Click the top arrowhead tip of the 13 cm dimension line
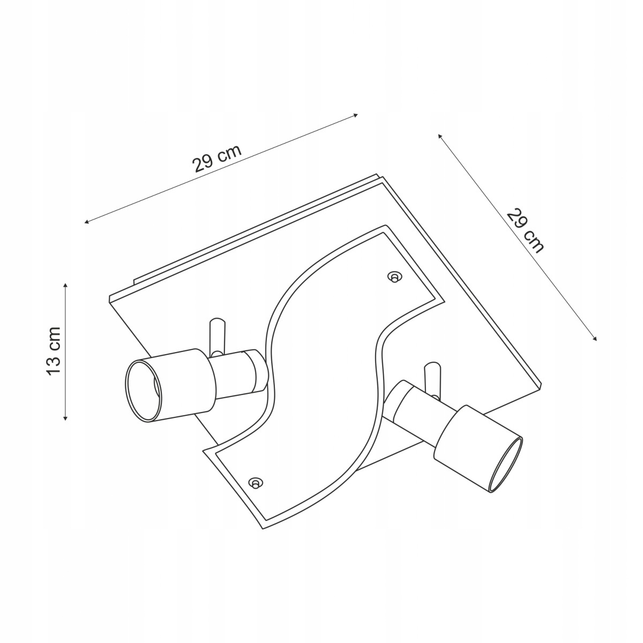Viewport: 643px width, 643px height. (65, 283)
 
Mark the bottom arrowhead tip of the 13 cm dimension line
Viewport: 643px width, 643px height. (65, 420)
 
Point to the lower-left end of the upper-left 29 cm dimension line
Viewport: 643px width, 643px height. (84, 222)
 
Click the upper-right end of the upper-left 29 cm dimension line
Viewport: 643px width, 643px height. (358, 115)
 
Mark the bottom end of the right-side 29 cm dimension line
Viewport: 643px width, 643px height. (596, 341)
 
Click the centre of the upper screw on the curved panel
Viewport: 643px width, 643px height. (394, 277)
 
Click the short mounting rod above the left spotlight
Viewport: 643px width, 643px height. (216, 336)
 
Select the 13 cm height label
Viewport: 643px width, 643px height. (54, 352)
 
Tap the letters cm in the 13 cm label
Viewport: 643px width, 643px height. (55, 338)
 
